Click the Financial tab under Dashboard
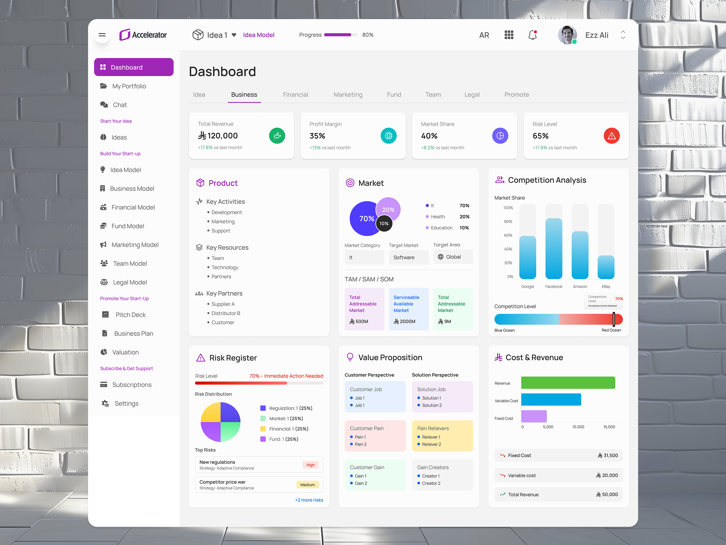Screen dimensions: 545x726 (295, 94)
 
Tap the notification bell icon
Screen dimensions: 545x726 (532, 35)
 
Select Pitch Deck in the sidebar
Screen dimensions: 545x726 (130, 315)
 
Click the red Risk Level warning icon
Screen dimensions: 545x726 (611, 136)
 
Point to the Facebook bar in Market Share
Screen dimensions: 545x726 (553, 248)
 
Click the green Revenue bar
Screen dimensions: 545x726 (568, 383)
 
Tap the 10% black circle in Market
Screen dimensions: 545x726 (384, 223)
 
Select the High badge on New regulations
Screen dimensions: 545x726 (310, 465)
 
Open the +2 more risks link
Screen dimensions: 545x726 (309, 500)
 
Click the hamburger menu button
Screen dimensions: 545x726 (102, 35)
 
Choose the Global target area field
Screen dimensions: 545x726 (453, 257)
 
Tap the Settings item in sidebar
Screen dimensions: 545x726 (126, 403)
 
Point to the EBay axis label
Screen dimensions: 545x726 (606, 286)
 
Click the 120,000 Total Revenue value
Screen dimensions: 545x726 (222, 136)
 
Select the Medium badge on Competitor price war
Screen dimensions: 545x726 (307, 484)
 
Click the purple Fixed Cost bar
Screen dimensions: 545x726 (534, 416)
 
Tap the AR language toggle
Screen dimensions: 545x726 (484, 35)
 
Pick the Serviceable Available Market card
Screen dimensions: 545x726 (408, 309)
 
